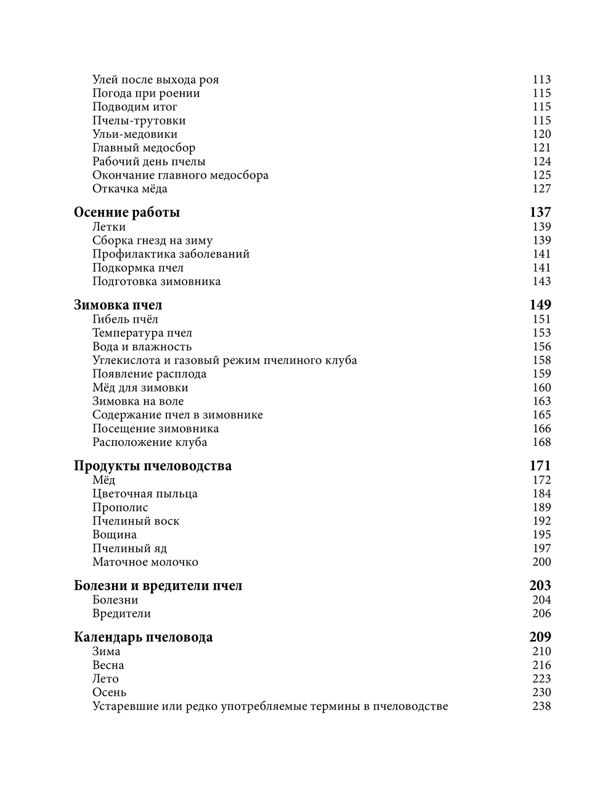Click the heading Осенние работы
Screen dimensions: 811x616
127,212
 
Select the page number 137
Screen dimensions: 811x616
540,212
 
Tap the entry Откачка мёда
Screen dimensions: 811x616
130,189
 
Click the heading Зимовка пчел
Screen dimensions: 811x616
118,305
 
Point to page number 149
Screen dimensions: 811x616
540,305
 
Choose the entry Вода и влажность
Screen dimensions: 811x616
142,347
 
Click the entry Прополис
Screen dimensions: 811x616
120,507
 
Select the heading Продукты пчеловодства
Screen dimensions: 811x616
153,466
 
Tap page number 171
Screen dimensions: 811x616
540,466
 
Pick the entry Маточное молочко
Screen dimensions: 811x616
145,562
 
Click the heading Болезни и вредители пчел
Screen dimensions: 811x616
158,586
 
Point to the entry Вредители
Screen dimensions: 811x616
121,614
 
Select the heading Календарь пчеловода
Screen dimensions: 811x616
143,637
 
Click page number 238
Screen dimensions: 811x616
541,706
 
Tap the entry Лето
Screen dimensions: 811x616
105,679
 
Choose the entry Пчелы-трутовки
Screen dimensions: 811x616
139,121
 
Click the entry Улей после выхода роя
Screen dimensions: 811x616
156,80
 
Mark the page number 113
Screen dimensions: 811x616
541,80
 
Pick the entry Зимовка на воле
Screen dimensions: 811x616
138,401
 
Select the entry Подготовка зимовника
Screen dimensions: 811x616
156,281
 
